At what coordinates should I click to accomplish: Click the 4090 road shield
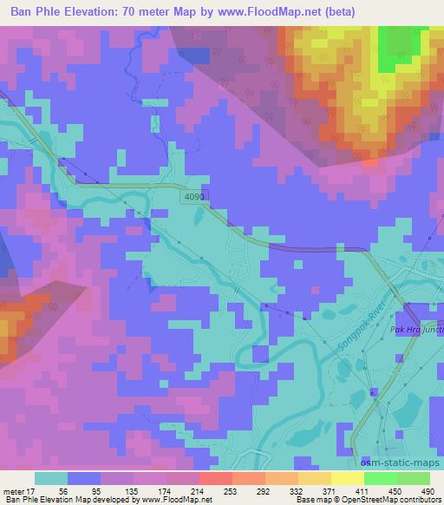click(194, 198)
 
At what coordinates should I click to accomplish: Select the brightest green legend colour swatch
click(380, 478)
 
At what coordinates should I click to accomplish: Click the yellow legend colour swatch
click(347, 478)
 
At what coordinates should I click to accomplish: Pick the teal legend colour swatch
click(50, 478)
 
